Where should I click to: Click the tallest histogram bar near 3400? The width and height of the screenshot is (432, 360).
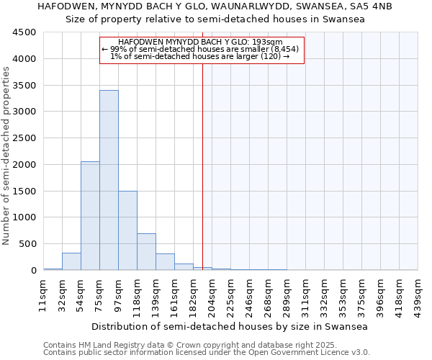pos(109,180)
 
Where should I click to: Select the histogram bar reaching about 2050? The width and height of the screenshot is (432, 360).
pos(90,216)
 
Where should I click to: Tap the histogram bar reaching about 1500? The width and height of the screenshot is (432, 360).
pos(127,230)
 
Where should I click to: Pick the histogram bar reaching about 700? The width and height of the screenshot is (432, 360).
pos(146,252)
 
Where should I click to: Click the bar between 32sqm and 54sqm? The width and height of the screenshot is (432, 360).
pos(71,262)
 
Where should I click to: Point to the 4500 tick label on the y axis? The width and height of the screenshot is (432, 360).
pos(24,32)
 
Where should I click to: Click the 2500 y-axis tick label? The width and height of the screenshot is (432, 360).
pos(24,138)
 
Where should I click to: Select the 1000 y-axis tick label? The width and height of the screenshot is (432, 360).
pos(24,217)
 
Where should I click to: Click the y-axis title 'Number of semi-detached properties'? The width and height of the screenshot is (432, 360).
pos(7,156)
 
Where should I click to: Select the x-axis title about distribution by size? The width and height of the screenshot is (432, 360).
pos(230,326)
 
